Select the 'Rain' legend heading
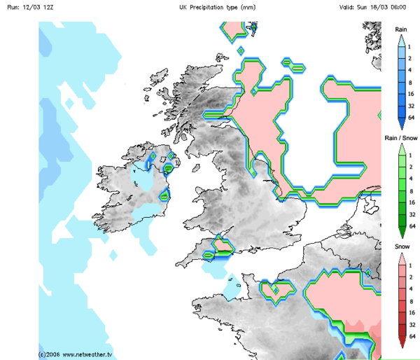(401, 29)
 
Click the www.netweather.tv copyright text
(76, 354)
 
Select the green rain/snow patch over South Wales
(223, 246)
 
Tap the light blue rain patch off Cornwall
(232, 285)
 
